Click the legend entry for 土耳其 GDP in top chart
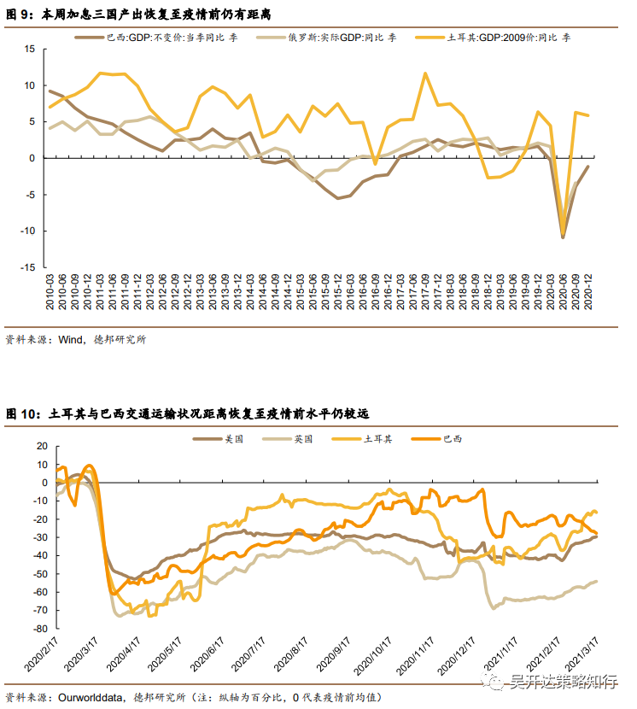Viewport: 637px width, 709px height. (496, 38)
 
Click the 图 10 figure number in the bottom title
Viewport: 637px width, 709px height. (23, 413)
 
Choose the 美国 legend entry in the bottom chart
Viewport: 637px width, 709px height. (233, 438)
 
